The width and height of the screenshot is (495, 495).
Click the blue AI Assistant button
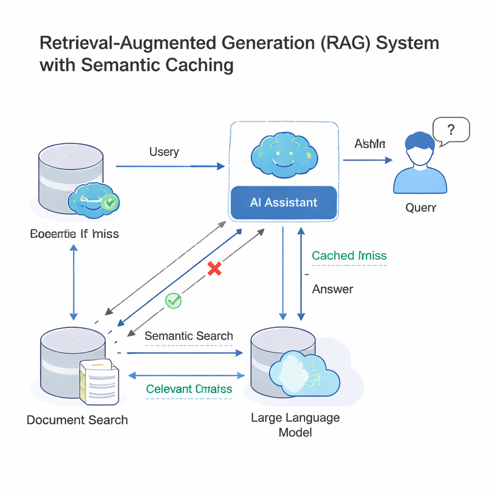pos(284,203)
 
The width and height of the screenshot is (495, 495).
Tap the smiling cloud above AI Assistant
pos(284,156)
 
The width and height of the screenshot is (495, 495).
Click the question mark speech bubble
pos(451,130)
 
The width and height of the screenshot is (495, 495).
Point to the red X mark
pos(214,269)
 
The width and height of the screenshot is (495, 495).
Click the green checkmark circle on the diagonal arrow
pos(173,301)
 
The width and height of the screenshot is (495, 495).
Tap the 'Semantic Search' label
pos(189,336)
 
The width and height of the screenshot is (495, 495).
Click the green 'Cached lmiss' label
pos(349,256)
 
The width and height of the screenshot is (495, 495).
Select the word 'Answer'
pos(333,289)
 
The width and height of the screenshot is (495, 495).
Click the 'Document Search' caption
pos(77,420)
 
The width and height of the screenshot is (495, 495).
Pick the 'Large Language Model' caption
pos(295,424)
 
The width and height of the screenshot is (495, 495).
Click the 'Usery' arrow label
pos(164,152)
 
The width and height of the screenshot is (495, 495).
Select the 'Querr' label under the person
pos(421,207)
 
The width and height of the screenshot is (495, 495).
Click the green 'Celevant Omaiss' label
pos(189,389)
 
